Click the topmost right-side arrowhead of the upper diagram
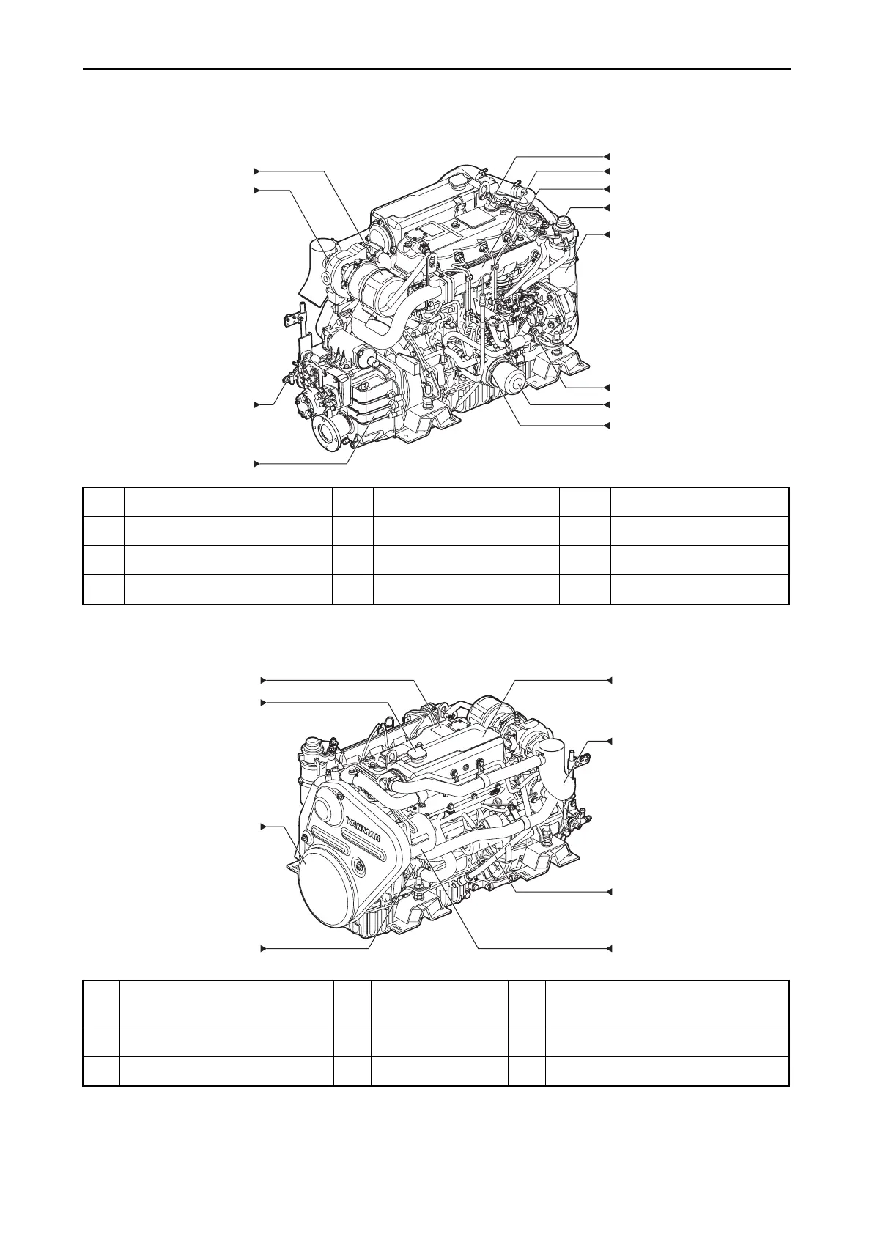[x=607, y=156]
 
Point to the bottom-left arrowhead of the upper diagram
[x=256, y=463]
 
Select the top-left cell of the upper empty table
[x=103, y=502]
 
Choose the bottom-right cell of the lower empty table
[x=666, y=1071]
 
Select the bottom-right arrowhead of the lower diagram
[x=607, y=949]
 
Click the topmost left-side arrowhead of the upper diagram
[x=256, y=171]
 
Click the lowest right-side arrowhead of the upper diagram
[x=607, y=425]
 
